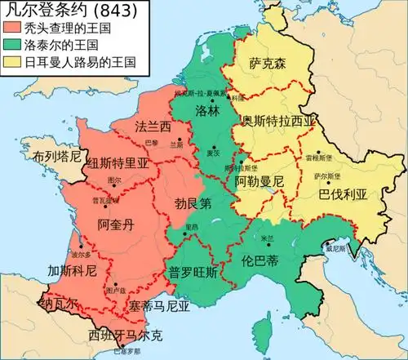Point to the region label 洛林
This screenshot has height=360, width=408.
(207, 109)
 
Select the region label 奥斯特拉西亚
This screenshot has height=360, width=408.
(277, 121)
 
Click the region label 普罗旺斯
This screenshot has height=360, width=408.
(193, 273)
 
